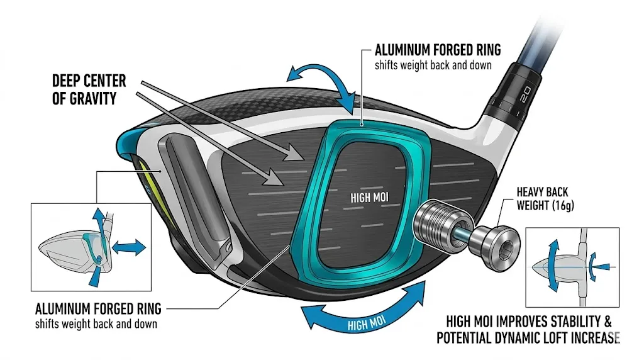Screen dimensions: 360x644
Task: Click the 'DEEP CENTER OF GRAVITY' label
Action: [89, 89]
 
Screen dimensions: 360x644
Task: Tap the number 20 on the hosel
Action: [526, 96]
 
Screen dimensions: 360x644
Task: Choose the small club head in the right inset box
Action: [553, 266]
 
